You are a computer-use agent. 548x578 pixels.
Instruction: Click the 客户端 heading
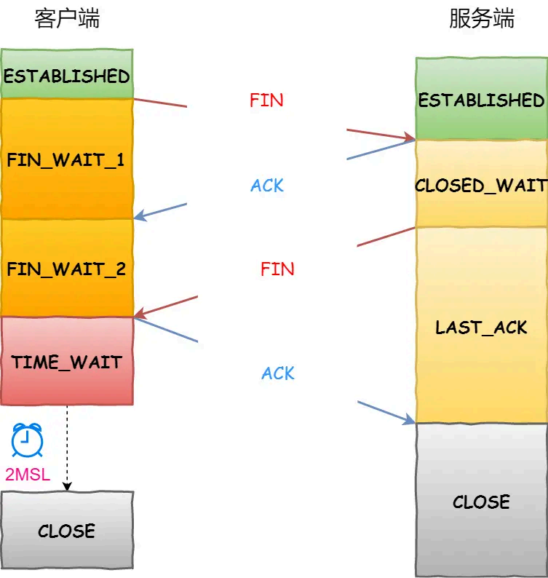pyautogui.click(x=67, y=20)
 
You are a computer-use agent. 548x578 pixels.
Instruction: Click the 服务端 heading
pyautogui.click(x=481, y=20)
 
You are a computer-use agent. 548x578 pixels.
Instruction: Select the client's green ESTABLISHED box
pyautogui.click(x=66, y=75)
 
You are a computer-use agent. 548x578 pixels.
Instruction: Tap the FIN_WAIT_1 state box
pyautogui.click(x=66, y=159)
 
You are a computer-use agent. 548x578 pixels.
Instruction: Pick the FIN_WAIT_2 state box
pyautogui.click(x=66, y=269)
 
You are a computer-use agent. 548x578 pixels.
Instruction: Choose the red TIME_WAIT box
pyautogui.click(x=66, y=361)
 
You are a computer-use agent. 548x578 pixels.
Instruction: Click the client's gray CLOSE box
pyautogui.click(x=66, y=531)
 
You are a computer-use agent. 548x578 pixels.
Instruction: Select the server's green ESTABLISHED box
pyautogui.click(x=481, y=100)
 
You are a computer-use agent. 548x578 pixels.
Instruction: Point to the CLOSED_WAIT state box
pyautogui.click(x=481, y=185)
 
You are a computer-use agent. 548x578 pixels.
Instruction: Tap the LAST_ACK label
pyautogui.click(x=481, y=327)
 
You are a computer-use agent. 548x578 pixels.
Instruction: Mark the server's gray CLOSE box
pyautogui.click(x=481, y=502)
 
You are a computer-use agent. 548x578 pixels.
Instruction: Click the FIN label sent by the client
pyautogui.click(x=266, y=100)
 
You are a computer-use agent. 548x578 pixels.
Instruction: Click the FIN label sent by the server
pyautogui.click(x=277, y=269)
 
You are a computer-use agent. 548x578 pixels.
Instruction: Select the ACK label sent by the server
pyautogui.click(x=267, y=186)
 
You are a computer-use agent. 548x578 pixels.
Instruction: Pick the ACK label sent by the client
pyautogui.click(x=278, y=373)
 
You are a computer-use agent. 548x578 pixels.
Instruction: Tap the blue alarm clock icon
pyautogui.click(x=27, y=440)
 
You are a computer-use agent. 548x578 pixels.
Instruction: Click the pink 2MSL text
pyautogui.click(x=28, y=475)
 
